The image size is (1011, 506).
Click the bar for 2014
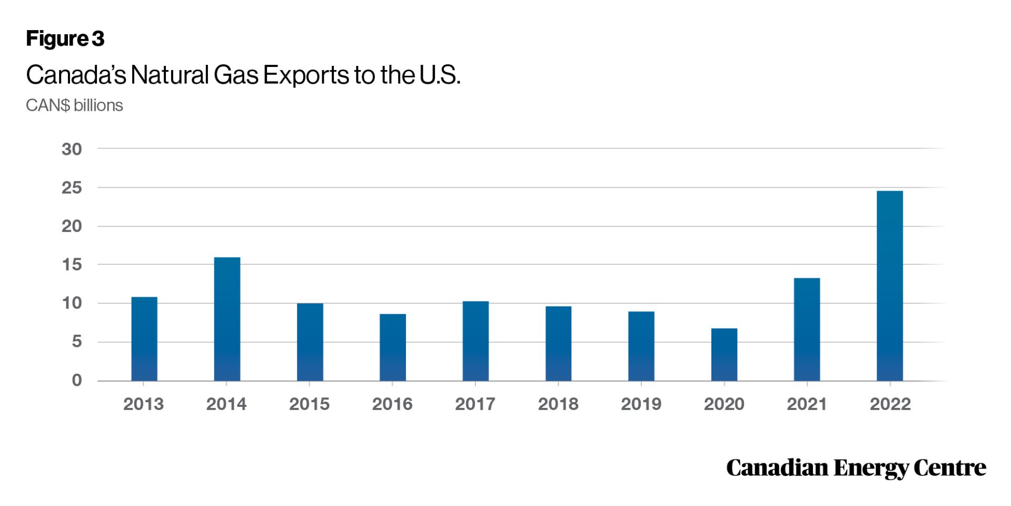point(227,319)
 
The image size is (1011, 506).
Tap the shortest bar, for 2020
point(724,354)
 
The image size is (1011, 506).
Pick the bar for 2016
point(393,347)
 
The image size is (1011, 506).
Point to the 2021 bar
point(807,329)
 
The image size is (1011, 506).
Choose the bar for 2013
point(144,339)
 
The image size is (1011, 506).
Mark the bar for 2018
point(558,343)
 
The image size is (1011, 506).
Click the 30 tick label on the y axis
point(72,149)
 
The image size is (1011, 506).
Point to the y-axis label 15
point(72,265)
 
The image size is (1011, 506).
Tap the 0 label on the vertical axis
point(77,380)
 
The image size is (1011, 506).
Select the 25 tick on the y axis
point(72,188)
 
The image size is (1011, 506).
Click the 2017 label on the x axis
point(475,404)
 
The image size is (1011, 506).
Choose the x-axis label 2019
point(641,404)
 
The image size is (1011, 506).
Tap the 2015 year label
point(309,404)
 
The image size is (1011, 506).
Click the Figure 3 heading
point(65,39)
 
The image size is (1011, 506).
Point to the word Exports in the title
point(305,75)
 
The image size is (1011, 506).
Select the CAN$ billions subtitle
point(74,105)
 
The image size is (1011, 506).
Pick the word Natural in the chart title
point(170,75)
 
